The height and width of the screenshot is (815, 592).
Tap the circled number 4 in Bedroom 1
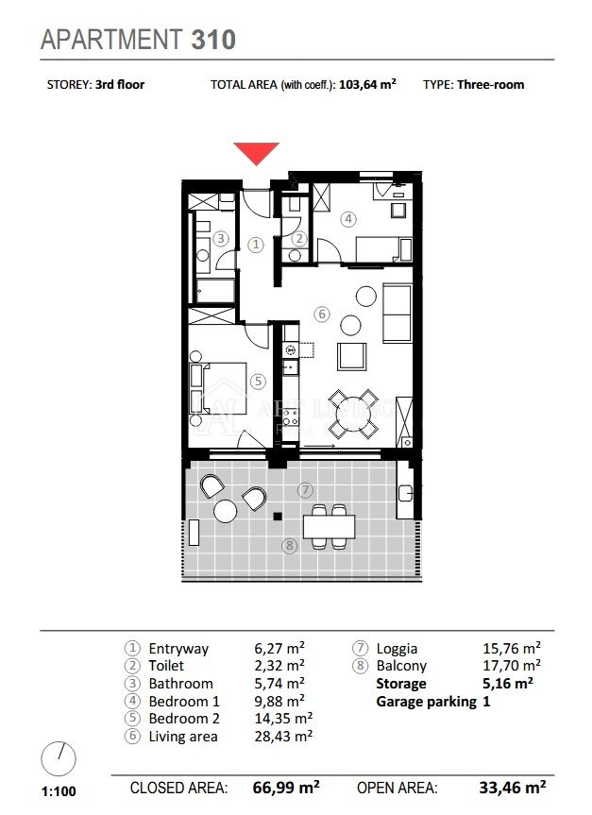pyautogui.click(x=348, y=219)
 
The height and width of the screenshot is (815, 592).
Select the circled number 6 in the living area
pyautogui.click(x=322, y=314)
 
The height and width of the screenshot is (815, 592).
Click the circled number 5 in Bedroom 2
pyautogui.click(x=258, y=382)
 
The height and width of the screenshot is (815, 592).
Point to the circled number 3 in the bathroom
pyautogui.click(x=221, y=239)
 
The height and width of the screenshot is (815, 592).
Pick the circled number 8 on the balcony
pyautogui.click(x=290, y=545)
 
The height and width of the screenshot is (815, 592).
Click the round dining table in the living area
pyautogui.click(x=353, y=415)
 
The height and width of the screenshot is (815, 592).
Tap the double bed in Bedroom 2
pyautogui.click(x=218, y=388)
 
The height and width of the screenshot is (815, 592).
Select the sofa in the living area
pyautogui.click(x=397, y=313)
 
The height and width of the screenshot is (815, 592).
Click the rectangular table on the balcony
pyautogui.click(x=329, y=527)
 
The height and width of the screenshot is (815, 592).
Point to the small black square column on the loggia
pyautogui.click(x=278, y=517)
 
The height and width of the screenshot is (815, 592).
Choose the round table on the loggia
pyautogui.click(x=225, y=512)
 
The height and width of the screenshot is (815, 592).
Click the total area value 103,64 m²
pyautogui.click(x=367, y=84)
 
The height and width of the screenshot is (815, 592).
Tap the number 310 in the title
pyautogui.click(x=213, y=40)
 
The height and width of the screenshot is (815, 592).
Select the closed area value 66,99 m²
pyautogui.click(x=286, y=788)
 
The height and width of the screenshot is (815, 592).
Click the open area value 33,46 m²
pyautogui.click(x=513, y=788)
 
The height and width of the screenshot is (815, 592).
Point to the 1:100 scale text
pyautogui.click(x=59, y=791)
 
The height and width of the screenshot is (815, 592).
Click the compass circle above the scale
pyautogui.click(x=59, y=759)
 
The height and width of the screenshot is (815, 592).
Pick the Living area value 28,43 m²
pyautogui.click(x=283, y=736)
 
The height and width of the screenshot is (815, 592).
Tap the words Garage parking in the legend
pyautogui.click(x=426, y=702)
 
